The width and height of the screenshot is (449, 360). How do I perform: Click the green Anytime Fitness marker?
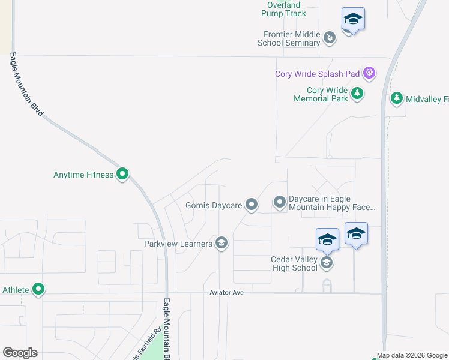click(x=122, y=175)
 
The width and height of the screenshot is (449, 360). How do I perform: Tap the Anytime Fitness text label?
click(x=83, y=175)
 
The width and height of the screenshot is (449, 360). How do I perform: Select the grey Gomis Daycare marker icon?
click(x=252, y=205)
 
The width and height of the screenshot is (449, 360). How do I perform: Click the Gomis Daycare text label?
click(x=213, y=205)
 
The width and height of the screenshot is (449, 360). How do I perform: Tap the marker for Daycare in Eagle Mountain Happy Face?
click(x=280, y=202)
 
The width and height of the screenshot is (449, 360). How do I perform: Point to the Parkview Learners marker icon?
click(x=221, y=243)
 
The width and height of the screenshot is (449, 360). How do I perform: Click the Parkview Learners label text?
click(x=178, y=244)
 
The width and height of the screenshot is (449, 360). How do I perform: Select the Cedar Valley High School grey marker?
click(x=326, y=262)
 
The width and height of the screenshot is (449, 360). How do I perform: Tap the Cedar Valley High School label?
click(x=294, y=263)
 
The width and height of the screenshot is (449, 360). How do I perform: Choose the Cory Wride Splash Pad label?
click(x=317, y=74)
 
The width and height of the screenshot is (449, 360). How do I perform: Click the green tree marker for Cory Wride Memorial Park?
click(x=358, y=93)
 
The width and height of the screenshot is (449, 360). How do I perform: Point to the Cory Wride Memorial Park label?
click(x=321, y=94)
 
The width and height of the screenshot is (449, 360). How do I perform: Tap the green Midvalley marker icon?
click(x=396, y=98)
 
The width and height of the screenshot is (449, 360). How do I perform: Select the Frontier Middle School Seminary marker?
click(x=330, y=38)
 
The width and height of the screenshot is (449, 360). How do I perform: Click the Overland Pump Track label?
click(x=285, y=9)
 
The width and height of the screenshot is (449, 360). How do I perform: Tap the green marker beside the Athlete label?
click(x=38, y=290)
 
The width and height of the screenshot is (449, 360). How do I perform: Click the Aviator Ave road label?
click(x=226, y=292)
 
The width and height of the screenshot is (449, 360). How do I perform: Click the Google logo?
click(x=20, y=353)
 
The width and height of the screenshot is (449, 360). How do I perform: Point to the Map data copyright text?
click(x=412, y=355)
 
